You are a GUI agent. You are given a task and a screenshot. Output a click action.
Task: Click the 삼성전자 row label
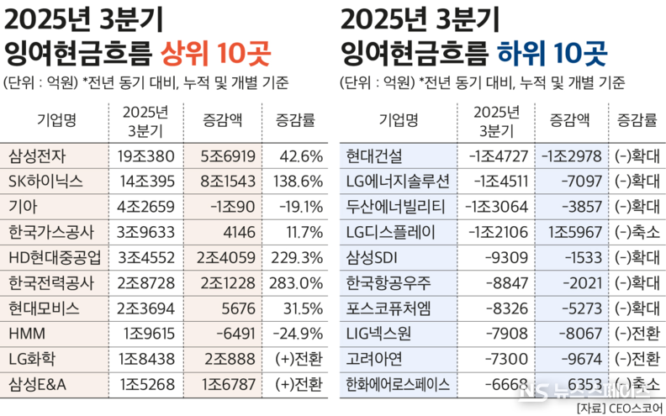pos(37,156)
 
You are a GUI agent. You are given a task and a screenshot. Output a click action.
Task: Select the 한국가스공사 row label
pos(50,233)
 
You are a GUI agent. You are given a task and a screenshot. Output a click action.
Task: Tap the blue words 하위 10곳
pos(551,55)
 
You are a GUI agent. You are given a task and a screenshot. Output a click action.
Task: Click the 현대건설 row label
pos(375,156)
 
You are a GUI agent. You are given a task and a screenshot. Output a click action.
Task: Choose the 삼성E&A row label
pos(39,385)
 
